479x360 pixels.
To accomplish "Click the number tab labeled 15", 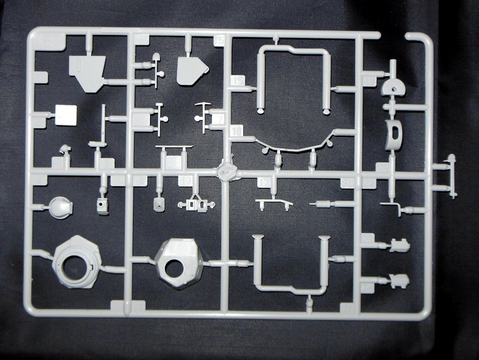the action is pos(238,81).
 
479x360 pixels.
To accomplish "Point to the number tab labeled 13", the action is pos(186,180).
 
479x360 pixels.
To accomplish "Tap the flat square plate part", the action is pos(66,115).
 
